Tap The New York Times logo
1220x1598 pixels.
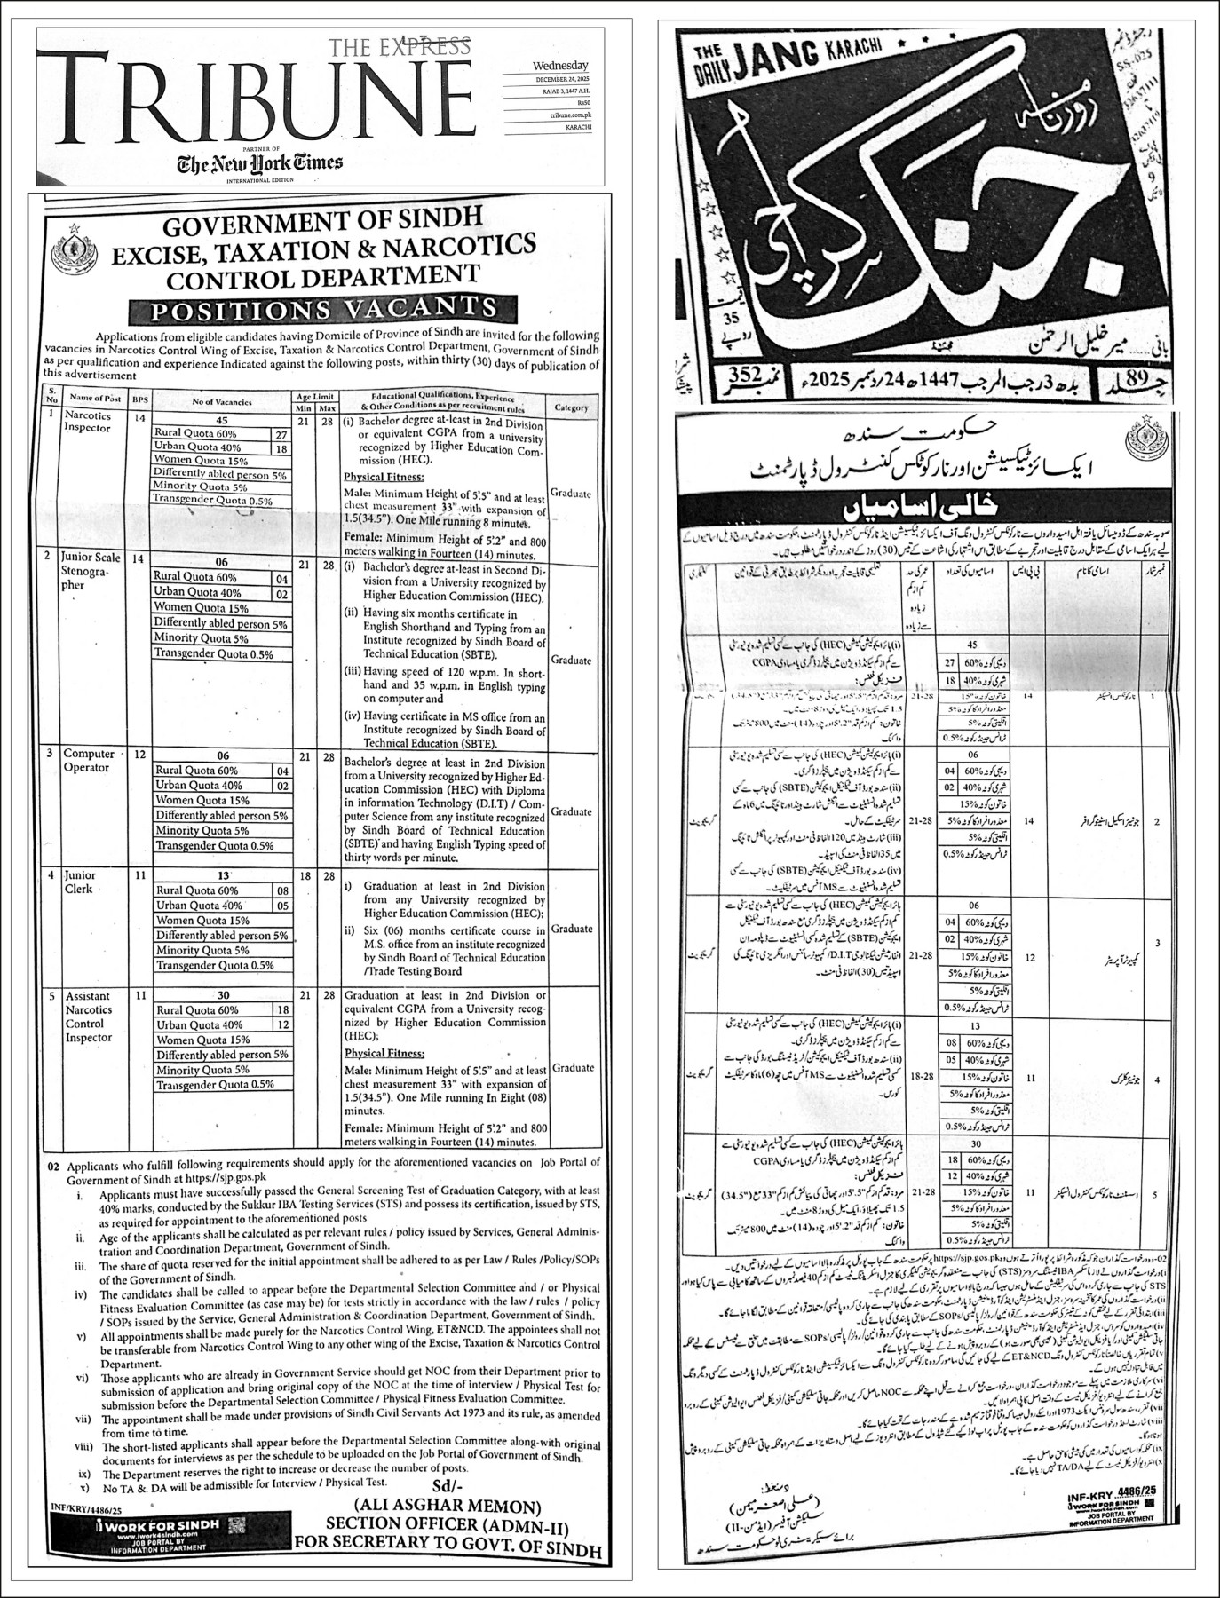pos(258,163)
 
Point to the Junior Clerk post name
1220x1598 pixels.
pos(80,882)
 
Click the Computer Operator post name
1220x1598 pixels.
pos(90,761)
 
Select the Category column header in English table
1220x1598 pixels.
pos(571,408)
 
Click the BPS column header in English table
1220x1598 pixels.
pos(139,401)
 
